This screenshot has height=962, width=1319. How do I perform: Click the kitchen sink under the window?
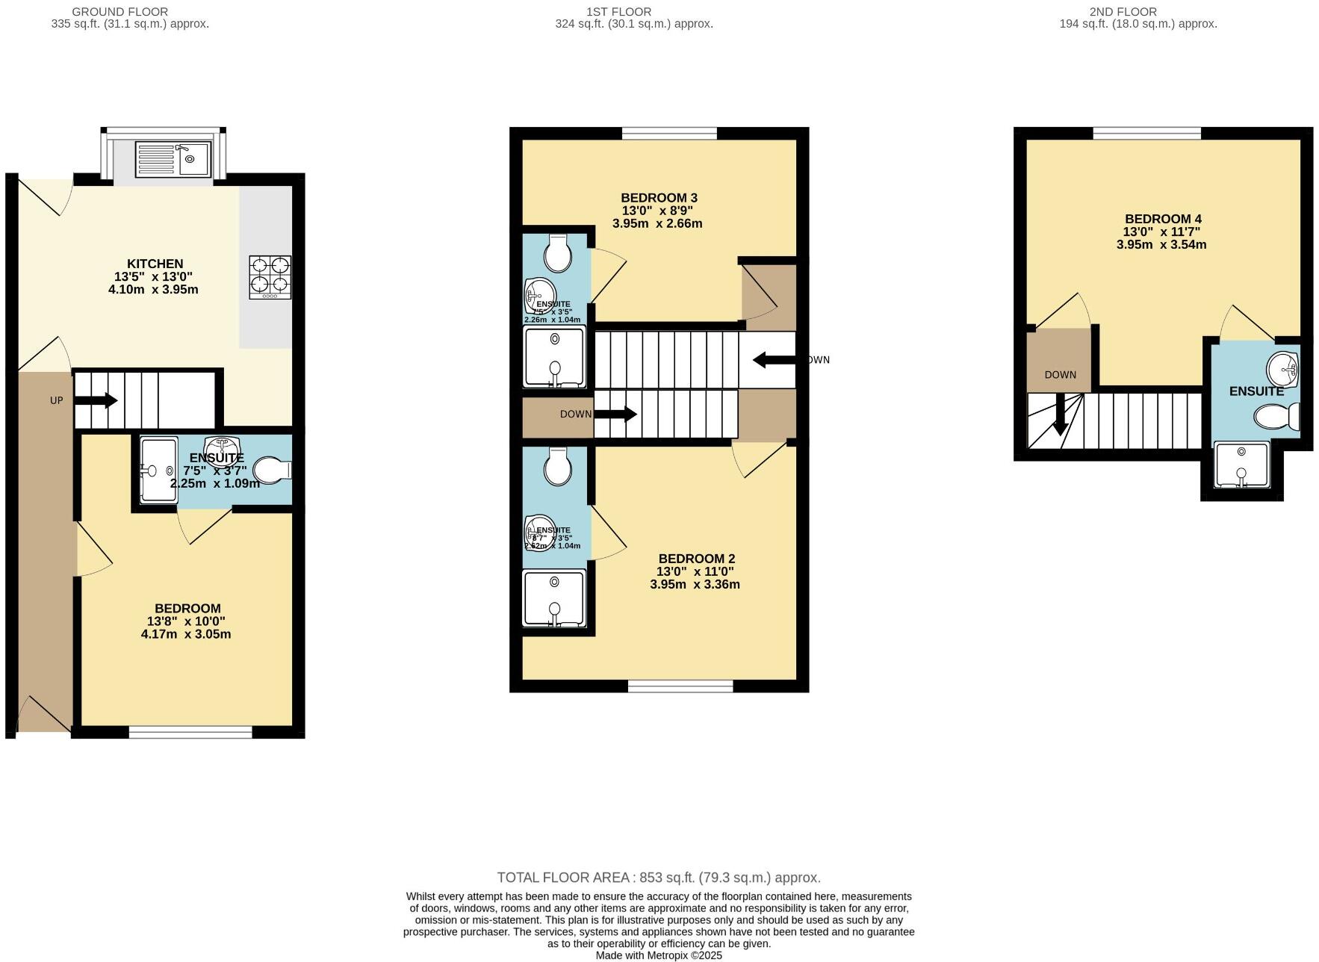tap(174, 158)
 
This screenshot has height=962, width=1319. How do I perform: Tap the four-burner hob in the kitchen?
tap(270, 277)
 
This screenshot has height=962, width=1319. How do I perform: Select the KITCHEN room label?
tap(155, 264)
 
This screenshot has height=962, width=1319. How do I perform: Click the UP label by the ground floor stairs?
tap(57, 400)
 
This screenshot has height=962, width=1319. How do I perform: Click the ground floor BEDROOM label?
tap(187, 609)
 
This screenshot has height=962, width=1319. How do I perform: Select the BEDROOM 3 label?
tap(659, 198)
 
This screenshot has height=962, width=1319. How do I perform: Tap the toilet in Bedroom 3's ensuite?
tap(557, 254)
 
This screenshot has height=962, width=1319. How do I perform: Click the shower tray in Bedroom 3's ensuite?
tap(555, 357)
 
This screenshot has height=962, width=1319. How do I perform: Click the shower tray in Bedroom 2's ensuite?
tap(554, 598)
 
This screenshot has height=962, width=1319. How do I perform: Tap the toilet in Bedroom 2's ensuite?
tap(557, 467)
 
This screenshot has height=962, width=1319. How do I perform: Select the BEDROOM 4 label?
tap(1163, 219)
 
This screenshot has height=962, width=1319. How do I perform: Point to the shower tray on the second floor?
tap(1241, 465)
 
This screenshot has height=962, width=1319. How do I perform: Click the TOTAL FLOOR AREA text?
tap(658, 878)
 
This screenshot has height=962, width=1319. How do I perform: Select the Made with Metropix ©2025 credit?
tap(658, 955)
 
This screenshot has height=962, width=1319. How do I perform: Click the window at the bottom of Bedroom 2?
tap(680, 686)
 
